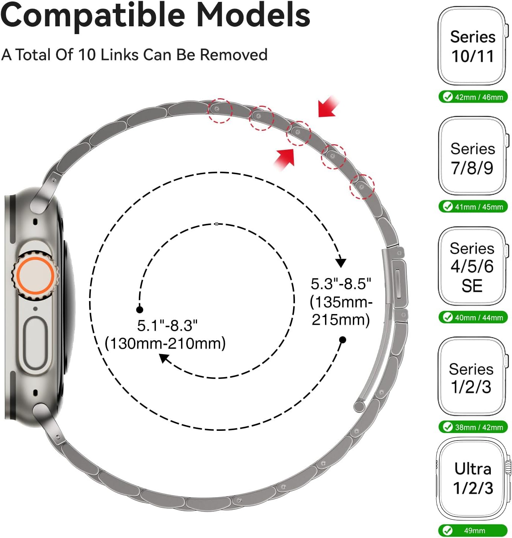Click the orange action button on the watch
pyautogui.click(x=35, y=275)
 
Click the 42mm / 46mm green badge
pyautogui.click(x=473, y=97)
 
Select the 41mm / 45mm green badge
pyautogui.click(x=473, y=207)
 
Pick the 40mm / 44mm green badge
pyautogui.click(x=473, y=317)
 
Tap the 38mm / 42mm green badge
pyautogui.click(x=473, y=427)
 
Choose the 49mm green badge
pyautogui.click(x=473, y=531)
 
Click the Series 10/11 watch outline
pyautogui.click(x=473, y=46)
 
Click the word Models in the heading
pyautogui.click(x=253, y=15)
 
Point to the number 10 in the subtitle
pyautogui.click(x=87, y=55)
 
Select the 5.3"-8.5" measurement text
pyautogui.click(x=341, y=284)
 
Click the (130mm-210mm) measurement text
pyautogui.click(x=165, y=343)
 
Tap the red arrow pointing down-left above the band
pyautogui.click(x=328, y=107)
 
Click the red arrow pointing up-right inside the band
pyautogui.click(x=284, y=160)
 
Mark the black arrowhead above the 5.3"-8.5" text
pyautogui.click(x=341, y=263)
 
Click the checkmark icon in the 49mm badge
pyautogui.click(x=447, y=531)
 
